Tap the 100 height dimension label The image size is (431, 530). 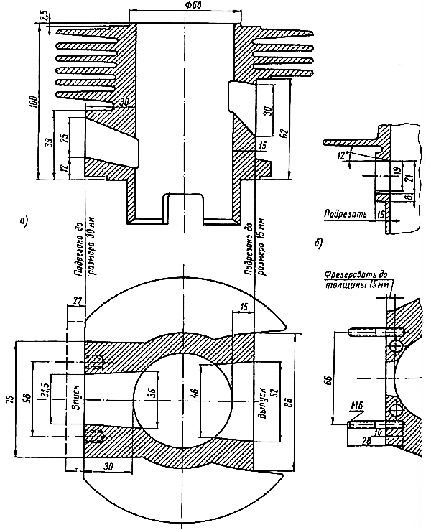(31, 102)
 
